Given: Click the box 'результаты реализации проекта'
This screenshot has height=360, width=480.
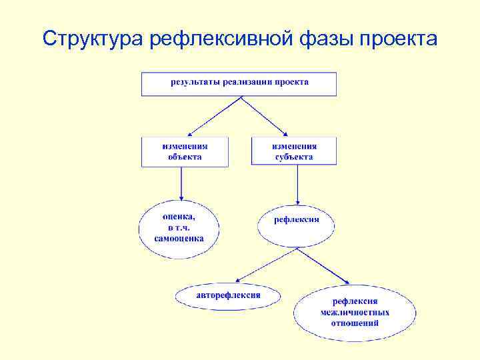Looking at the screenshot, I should [x=239, y=84].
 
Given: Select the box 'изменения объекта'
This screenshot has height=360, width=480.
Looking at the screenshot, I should [x=185, y=151].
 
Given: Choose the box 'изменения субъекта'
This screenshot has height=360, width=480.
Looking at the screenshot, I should [x=294, y=151].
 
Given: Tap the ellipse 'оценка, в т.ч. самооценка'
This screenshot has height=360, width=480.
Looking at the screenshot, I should [x=178, y=228].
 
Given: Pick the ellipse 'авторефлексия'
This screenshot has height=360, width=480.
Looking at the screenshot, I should [x=228, y=295].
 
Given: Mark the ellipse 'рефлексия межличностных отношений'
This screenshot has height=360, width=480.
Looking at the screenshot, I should [x=355, y=313].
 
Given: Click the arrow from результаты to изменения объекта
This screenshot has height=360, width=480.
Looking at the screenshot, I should [x=213, y=117].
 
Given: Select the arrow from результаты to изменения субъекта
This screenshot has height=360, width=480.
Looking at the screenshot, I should [x=264, y=117].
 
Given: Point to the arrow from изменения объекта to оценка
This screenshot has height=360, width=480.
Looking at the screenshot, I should [x=181, y=183].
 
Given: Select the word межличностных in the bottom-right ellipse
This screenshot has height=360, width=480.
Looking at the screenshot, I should [x=355, y=313].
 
